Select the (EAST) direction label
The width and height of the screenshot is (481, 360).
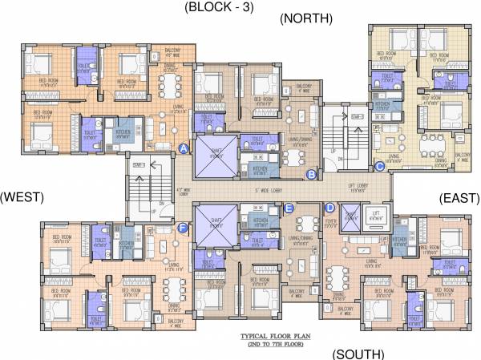coord(459,197)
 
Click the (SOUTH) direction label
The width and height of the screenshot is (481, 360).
coord(358,354)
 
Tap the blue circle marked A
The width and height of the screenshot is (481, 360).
coord(184,149)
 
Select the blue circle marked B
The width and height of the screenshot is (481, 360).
coord(311,172)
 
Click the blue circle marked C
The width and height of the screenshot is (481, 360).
coord(379,166)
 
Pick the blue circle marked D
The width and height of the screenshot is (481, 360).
coord(329,208)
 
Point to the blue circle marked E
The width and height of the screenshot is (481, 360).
coord(289,208)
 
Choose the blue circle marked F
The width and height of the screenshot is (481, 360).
coord(184,229)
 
